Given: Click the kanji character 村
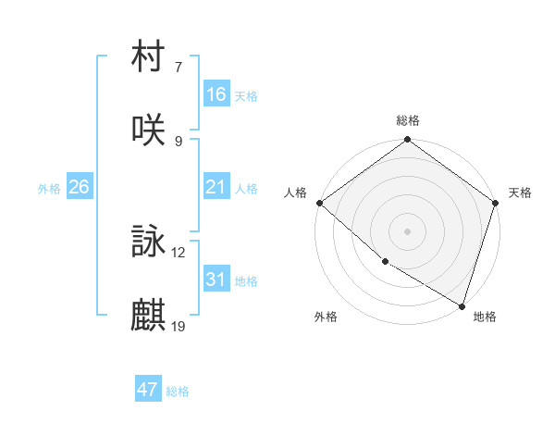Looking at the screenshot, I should click(149, 57).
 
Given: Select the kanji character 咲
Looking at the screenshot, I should click(149, 130).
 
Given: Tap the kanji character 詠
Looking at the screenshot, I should click(149, 242).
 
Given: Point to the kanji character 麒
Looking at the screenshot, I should click(149, 315).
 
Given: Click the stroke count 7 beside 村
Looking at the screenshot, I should click(179, 68).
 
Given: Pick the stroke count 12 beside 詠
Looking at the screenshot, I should click(179, 253).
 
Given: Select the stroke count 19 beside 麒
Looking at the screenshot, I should click(179, 326).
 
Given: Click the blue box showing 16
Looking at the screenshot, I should click(216, 94).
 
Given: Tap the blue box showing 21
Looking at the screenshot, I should click(216, 187).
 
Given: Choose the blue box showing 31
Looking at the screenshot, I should click(216, 280).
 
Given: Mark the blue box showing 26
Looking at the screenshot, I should click(79, 187).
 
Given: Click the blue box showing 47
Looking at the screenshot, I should click(148, 390).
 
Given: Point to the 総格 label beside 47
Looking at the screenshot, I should click(178, 391).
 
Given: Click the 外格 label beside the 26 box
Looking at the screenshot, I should click(49, 188).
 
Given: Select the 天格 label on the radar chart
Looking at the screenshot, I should click(521, 193).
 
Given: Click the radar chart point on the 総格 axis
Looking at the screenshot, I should click(408, 141).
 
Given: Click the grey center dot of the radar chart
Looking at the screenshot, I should click(408, 230).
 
